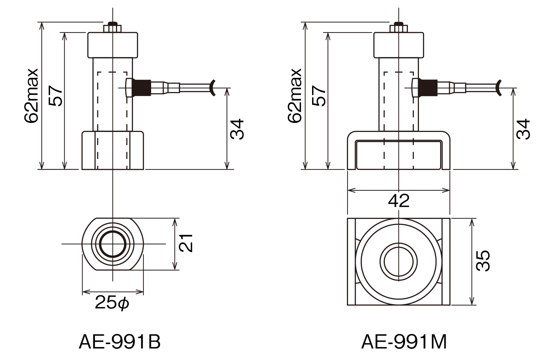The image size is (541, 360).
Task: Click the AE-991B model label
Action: pos(120,342)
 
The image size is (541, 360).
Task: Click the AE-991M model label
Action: pos(404,342)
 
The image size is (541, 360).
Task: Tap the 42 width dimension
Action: pos(399,201)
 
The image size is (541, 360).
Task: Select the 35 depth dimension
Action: pos(483,261)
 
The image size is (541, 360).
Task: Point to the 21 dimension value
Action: pos(186,243)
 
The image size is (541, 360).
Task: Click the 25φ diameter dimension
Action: pos(112,302)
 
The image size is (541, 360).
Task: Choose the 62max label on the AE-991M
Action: pos(295,96)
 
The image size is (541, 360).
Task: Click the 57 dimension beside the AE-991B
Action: pos(55,96)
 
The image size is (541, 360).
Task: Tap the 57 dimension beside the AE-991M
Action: pos(319,96)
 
